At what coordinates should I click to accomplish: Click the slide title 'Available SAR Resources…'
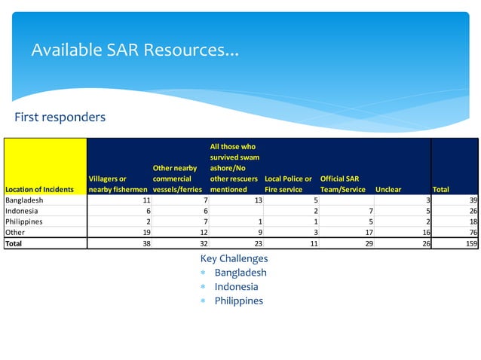pos(135,51)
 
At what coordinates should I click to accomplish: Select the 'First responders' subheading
pos(60,117)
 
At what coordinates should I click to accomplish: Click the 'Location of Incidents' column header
pos(39,190)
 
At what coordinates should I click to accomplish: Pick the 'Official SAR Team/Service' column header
pos(343,185)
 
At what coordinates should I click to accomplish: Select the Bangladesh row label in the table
pos(24,201)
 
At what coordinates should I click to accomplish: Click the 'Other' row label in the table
pos(15,233)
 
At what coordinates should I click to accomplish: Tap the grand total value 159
pos(470,244)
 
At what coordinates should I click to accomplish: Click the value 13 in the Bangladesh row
pos(257,201)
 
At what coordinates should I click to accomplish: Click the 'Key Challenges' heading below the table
pos(234,259)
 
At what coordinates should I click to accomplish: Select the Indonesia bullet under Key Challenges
pos(236,287)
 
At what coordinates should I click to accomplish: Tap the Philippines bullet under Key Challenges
pos(238,301)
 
